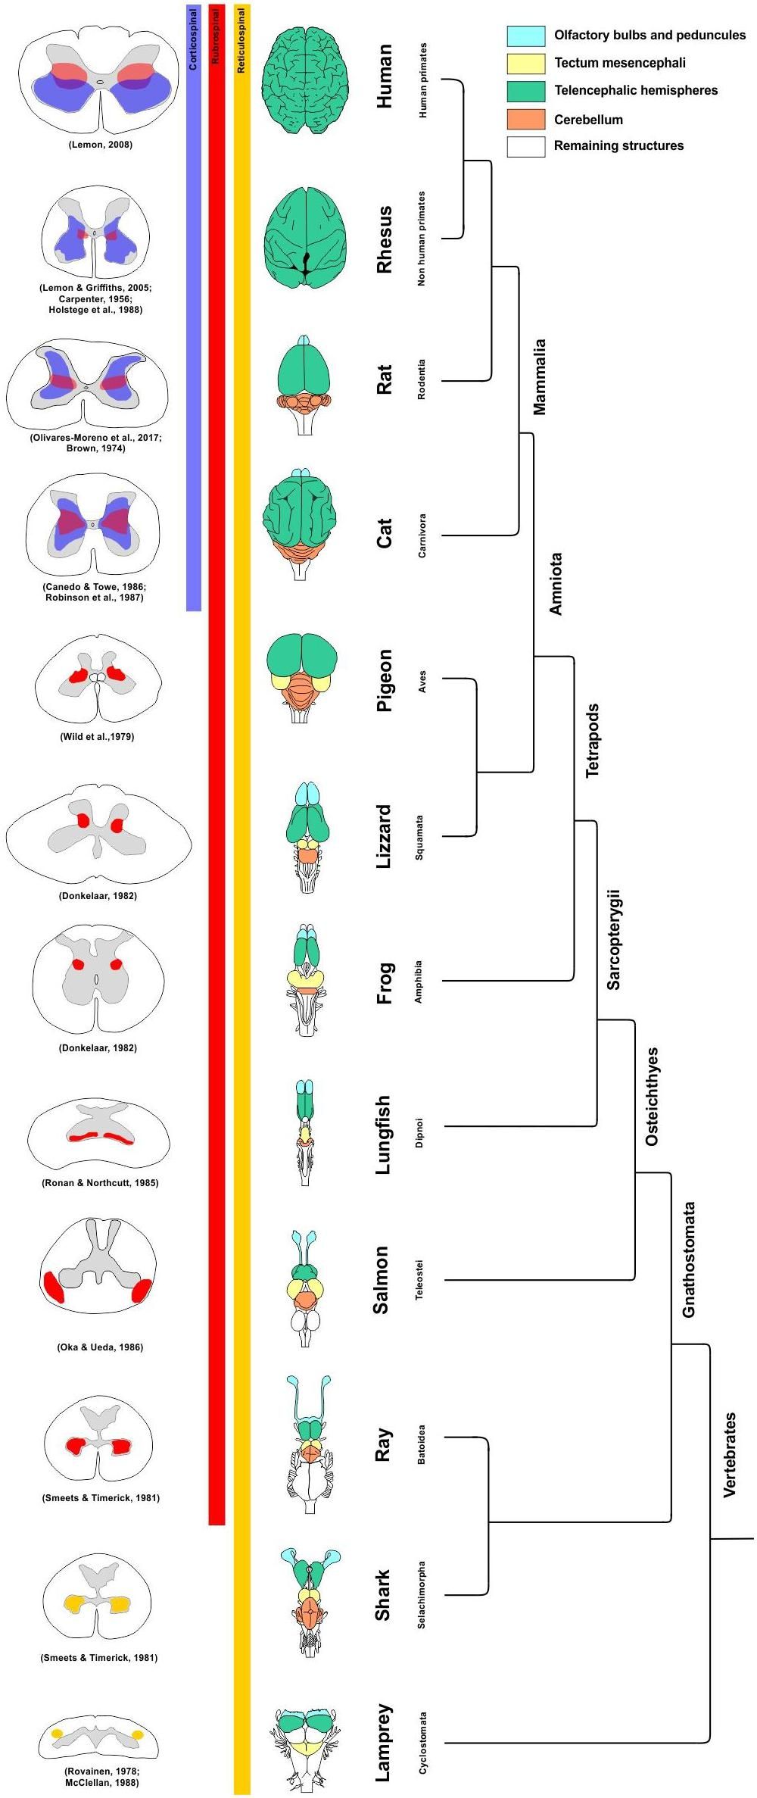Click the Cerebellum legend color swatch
525,119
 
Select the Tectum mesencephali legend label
619,63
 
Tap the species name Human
385,76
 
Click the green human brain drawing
306,82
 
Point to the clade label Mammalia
539,376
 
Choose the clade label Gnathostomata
688,1260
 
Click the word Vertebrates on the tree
730,1455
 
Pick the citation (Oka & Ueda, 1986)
100,1347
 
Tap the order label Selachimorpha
422,1595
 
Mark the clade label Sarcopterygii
613,940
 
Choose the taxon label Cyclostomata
423,1743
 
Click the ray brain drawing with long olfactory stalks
309,1444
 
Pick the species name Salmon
382,1280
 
